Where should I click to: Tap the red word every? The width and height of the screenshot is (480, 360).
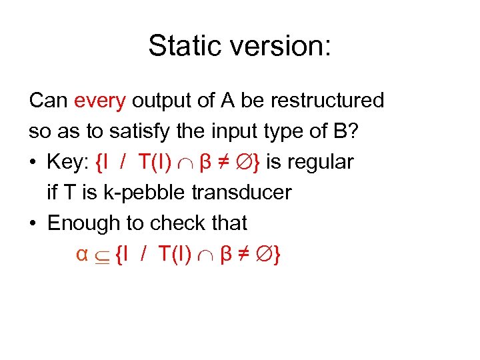(100, 101)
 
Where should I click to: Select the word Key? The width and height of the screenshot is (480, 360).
(69, 162)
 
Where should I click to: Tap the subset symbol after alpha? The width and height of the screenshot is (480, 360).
(102, 255)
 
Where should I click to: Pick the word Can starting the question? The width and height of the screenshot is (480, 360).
(49, 101)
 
